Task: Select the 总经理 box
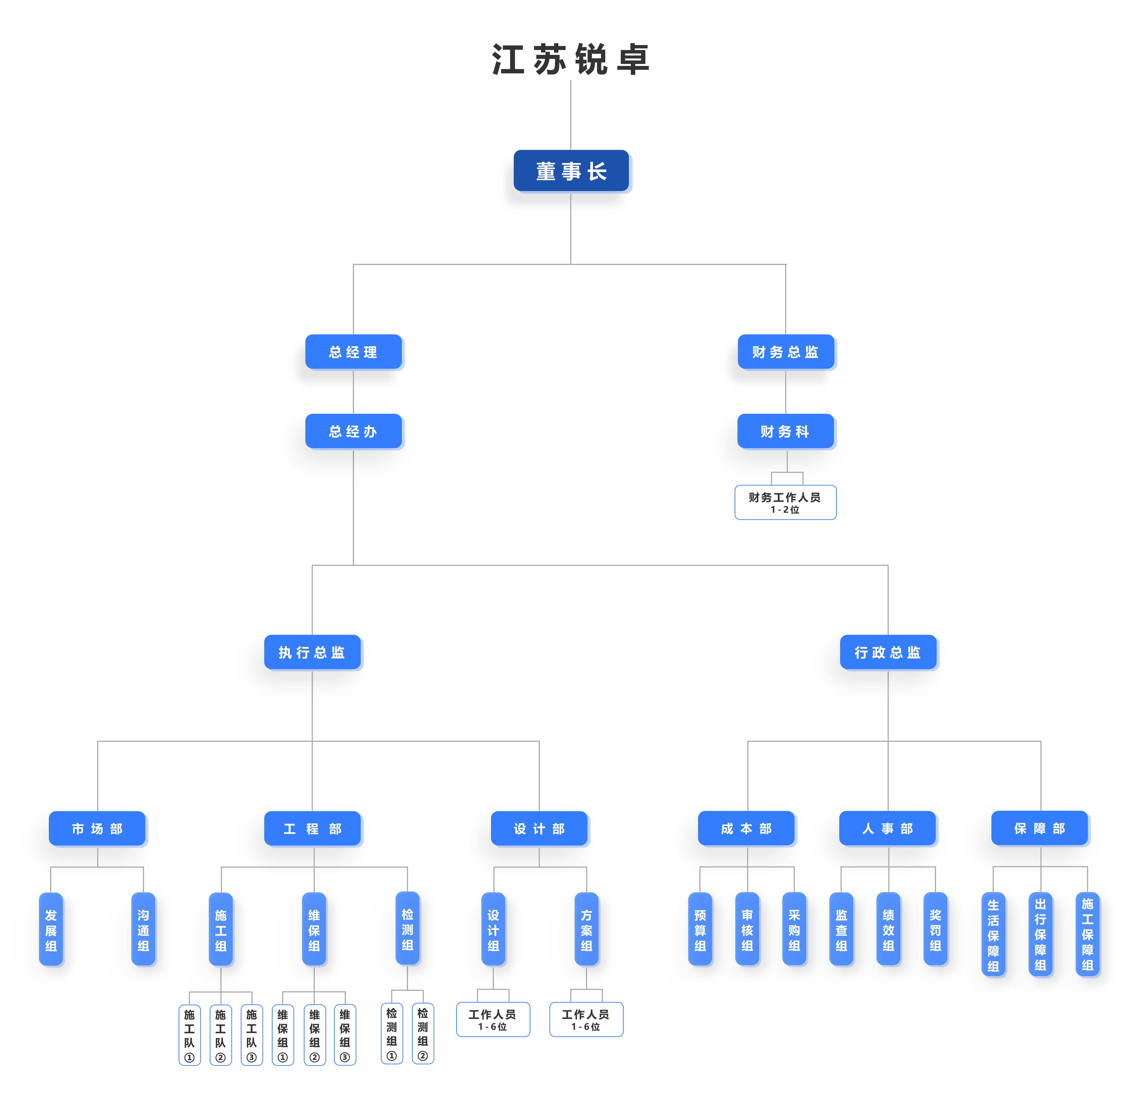353,352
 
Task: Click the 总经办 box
353,431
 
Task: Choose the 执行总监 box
312,652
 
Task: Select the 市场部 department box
97,828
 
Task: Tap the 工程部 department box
312,828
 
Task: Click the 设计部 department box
539,828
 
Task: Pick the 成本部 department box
746,828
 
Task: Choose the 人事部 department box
888,828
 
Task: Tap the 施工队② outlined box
220,1035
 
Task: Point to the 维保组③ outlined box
345,1035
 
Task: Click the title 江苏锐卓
571,59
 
